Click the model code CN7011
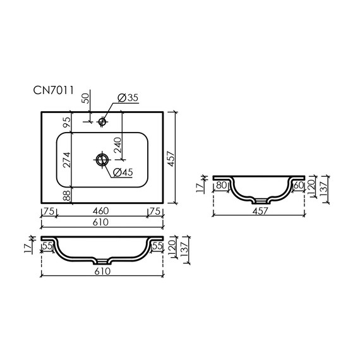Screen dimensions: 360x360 coord(54,90)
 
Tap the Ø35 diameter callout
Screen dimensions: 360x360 coord(128,98)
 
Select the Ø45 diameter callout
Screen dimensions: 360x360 coord(123,172)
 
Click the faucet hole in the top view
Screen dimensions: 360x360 coord(102,121)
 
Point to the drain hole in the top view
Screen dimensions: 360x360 coord(102,159)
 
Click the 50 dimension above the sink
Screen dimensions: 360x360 coord(85,99)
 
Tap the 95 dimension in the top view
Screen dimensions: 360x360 coord(66,122)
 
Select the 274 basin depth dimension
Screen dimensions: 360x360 coord(67,160)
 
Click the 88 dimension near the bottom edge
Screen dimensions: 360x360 coord(66,195)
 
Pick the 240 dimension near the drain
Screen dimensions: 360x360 coord(117,145)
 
